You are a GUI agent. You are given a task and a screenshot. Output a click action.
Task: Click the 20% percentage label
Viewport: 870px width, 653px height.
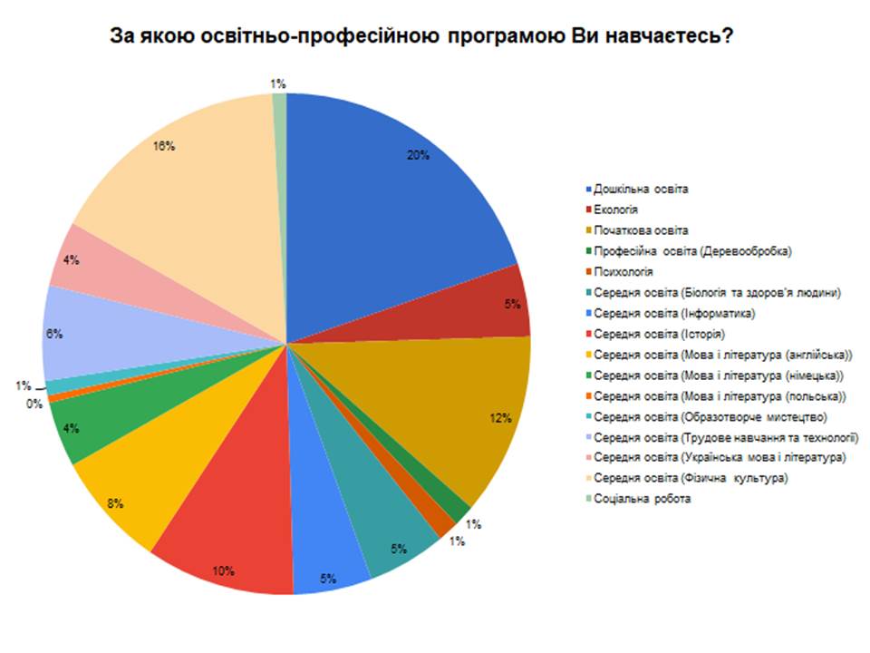418,155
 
